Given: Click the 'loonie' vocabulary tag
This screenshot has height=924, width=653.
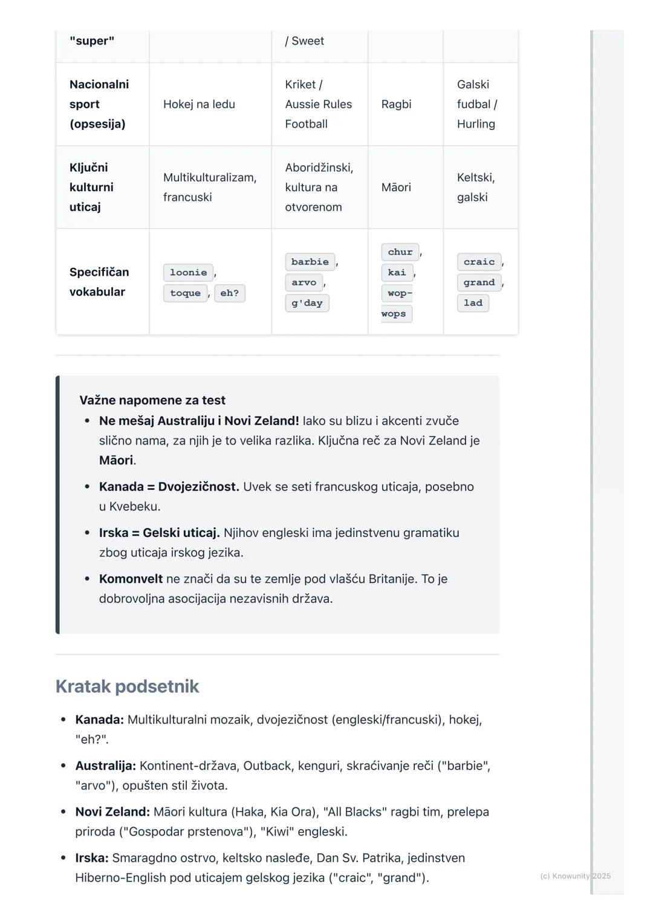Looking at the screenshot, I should point(188,273).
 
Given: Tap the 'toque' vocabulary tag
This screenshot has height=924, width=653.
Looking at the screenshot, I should point(185,293).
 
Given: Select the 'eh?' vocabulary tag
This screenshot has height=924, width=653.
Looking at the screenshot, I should point(229,293).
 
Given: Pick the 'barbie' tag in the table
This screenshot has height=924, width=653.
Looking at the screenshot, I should point(310,262).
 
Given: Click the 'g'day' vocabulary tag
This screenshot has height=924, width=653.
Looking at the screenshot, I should point(307,303).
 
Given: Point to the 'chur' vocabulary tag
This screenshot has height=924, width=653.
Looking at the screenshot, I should point(400,252).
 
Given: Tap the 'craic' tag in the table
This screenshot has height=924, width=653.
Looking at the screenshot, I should point(479,262).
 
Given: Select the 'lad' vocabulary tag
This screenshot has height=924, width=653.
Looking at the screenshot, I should point(473,303).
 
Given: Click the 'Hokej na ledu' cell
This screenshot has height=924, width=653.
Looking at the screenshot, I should point(199,104).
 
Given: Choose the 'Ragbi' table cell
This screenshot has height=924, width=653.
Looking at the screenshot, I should point(396,104).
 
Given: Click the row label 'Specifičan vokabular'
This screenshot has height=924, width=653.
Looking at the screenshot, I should point(99,282).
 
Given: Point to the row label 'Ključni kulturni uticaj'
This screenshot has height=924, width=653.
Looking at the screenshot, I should point(91,187).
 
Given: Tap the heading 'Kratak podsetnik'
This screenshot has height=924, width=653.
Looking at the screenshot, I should point(127,686).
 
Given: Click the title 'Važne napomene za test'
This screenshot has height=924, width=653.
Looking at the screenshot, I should point(152,400).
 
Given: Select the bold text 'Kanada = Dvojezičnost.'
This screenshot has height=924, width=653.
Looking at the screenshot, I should point(169,487).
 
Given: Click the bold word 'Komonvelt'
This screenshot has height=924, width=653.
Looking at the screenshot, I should point(131,579).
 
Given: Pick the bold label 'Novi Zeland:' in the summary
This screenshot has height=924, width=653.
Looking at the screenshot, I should point(112,812).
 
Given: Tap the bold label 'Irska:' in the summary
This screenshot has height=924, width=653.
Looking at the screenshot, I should point(92,857).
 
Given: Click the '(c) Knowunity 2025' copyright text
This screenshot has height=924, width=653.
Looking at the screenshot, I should point(575,876).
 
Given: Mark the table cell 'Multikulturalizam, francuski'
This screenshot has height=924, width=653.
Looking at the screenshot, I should point(209,187).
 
